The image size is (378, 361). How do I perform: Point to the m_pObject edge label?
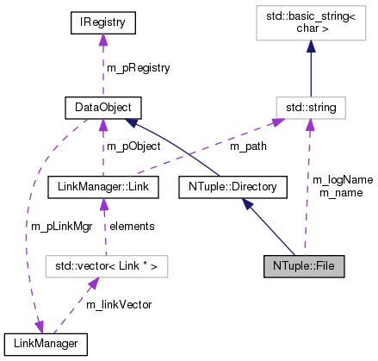coord(133,146)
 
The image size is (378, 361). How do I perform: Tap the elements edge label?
coord(131,226)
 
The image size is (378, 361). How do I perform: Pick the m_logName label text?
coord(342,179)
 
